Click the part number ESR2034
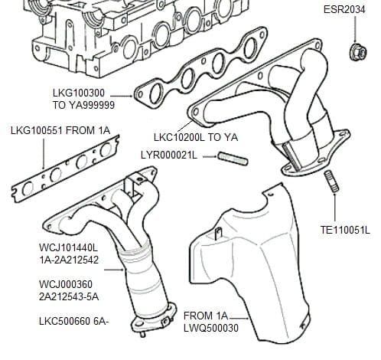click(344, 10)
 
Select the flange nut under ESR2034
click(358, 52)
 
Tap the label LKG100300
click(79, 93)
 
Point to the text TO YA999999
click(84, 105)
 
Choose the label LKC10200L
click(179, 137)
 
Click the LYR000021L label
click(169, 155)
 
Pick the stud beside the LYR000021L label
click(233, 159)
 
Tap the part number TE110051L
click(345, 230)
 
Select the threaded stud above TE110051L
click(331, 182)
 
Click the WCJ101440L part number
click(69, 247)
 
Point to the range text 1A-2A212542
click(69, 260)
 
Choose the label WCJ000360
click(66, 284)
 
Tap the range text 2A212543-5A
click(69, 297)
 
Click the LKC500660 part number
click(64, 321)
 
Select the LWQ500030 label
click(211, 328)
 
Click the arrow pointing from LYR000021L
click(210, 155)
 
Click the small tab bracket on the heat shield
click(218, 234)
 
